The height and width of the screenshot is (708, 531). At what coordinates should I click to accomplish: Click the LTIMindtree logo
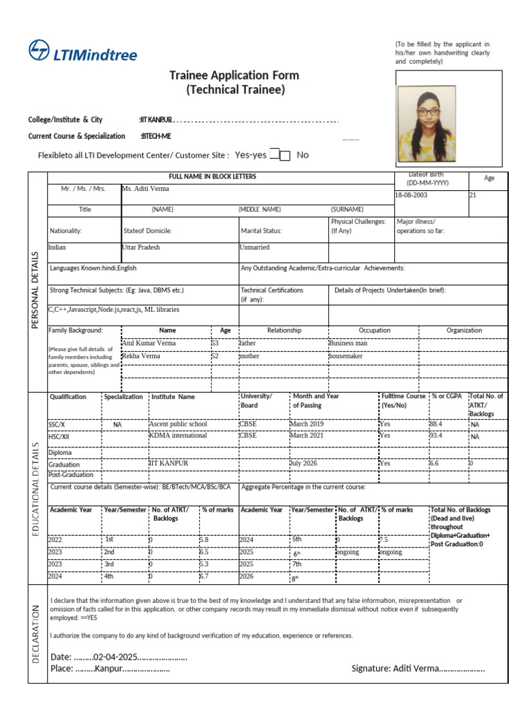pos(82,52)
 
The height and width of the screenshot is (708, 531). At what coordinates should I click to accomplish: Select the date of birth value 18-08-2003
pos(411,196)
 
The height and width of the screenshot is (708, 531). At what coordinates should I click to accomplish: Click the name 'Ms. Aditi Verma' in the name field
pos(145,188)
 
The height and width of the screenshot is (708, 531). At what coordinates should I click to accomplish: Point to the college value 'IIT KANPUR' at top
pos(156,120)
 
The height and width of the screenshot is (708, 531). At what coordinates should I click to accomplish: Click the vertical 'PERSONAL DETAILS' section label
pos(36,290)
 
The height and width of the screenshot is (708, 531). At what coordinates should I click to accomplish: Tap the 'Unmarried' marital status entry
pos(254,247)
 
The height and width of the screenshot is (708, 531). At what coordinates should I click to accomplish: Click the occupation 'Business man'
pos(349,343)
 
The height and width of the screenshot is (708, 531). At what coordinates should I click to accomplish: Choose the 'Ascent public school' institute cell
pos(178,424)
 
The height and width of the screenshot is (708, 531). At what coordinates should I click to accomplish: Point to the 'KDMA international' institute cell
pos(178,436)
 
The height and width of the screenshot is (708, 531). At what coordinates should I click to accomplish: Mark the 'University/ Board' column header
pos(255,401)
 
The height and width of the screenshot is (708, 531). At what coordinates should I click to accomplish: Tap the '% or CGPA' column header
pos(447,396)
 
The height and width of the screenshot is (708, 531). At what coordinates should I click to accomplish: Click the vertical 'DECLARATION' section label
pos(36,633)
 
